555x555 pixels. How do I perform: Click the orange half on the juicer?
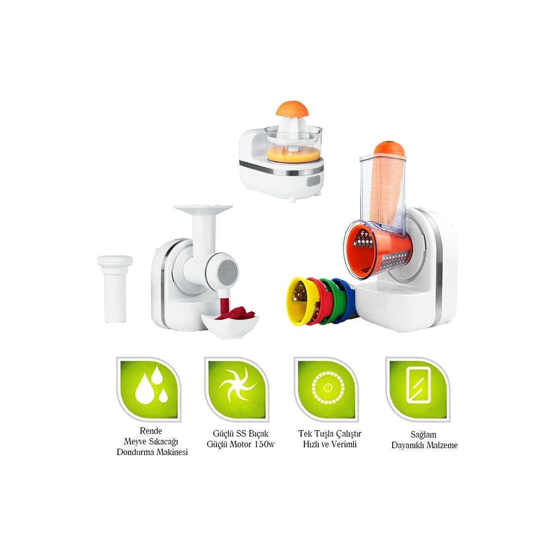292,109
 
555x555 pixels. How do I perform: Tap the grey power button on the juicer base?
314,181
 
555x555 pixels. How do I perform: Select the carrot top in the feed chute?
389,148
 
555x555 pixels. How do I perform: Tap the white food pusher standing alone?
115,289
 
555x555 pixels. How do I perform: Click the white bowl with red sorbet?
229,324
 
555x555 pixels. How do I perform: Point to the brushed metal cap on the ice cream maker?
228,271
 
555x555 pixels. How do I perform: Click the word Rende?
151,431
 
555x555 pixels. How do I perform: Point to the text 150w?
265,444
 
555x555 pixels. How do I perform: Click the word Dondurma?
134,452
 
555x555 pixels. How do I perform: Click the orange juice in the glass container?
293,154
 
